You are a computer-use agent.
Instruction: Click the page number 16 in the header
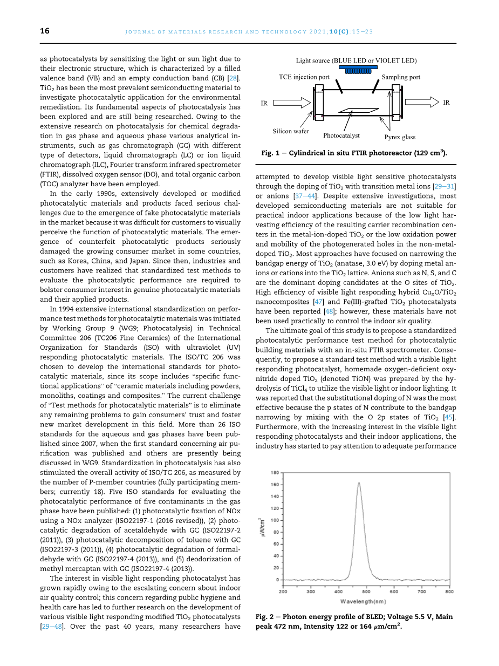[45, 31]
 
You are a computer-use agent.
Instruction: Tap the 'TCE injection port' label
[304, 77]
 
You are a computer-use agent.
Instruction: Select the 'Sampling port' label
[401, 77]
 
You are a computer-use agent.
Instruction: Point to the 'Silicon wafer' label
[291, 131]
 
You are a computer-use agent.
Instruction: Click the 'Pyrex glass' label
[400, 137]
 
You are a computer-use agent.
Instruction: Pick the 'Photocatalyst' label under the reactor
[341, 136]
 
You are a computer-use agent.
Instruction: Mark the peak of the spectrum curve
[359, 483]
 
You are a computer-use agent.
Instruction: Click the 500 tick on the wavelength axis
[366, 592]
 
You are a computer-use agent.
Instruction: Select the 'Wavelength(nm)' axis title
[363, 601]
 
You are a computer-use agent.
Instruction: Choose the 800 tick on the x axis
[449, 592]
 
